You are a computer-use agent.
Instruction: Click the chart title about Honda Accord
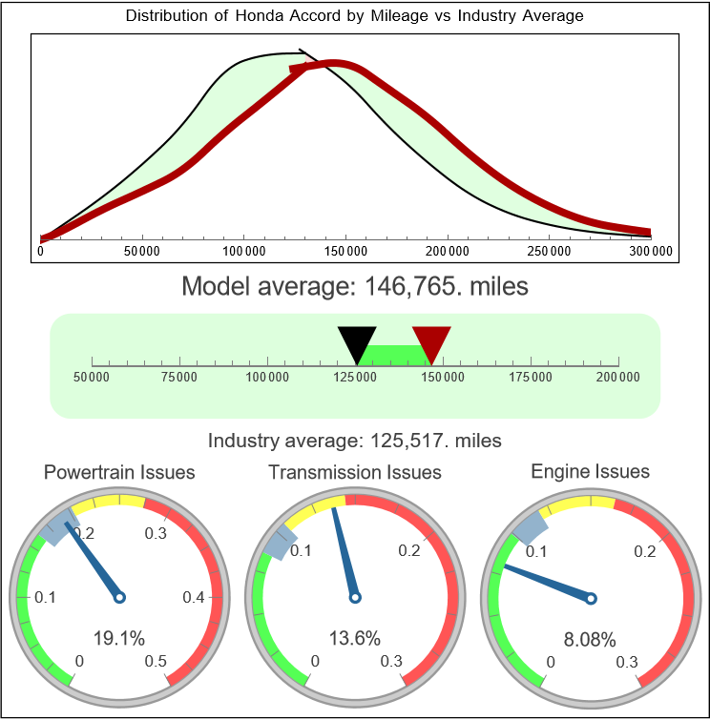(354, 16)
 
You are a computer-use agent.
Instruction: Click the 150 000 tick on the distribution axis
(345, 251)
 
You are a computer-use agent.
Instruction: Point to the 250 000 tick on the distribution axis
(550, 251)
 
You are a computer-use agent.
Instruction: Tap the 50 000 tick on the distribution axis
(142, 251)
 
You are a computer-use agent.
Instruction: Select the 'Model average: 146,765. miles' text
(354, 286)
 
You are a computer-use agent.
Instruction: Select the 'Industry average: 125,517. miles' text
(354, 441)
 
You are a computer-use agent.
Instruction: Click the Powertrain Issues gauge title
(119, 472)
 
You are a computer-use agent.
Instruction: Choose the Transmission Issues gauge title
(355, 472)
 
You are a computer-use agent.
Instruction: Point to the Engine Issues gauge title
(590, 471)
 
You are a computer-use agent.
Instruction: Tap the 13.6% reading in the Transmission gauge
(354, 638)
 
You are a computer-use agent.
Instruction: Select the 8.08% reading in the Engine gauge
(589, 638)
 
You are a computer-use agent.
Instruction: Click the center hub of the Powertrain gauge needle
(119, 598)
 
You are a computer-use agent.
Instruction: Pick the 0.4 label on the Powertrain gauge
(195, 598)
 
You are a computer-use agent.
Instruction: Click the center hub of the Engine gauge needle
(591, 598)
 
